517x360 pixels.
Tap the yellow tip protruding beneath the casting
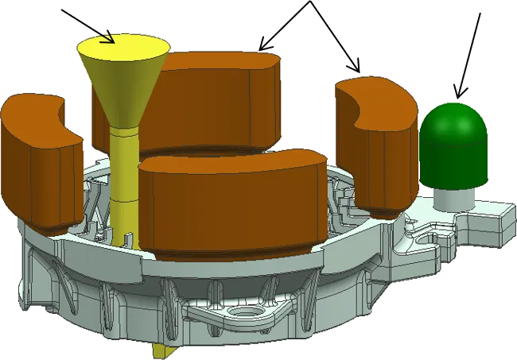click(x=162, y=350)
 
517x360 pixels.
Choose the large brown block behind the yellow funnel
click(x=215, y=103)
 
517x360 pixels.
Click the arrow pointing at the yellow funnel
click(x=86, y=23)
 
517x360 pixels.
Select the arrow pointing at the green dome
click(x=468, y=56)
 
